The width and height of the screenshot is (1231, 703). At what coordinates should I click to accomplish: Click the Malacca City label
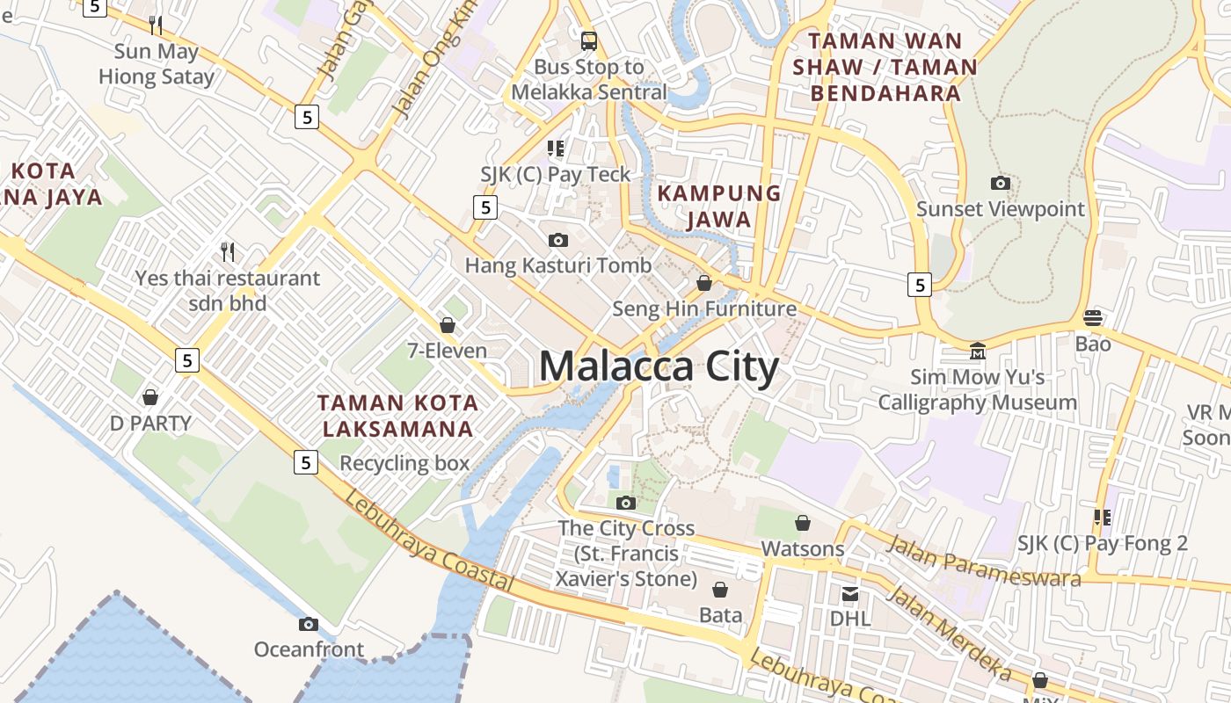point(659,366)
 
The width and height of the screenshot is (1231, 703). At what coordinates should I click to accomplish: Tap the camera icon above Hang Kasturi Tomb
point(557,240)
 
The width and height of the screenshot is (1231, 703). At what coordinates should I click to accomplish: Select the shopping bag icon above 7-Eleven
point(447,325)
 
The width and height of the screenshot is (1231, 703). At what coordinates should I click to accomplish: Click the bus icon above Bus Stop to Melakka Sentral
point(588,40)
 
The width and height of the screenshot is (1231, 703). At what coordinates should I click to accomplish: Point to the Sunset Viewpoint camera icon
point(1000,184)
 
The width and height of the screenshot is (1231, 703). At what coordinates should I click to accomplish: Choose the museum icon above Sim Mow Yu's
point(977,351)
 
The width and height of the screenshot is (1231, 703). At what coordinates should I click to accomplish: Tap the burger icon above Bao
point(1093,317)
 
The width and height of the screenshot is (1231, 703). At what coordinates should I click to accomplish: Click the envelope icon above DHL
point(849,594)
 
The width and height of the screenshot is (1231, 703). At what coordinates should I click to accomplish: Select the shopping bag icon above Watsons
point(802,524)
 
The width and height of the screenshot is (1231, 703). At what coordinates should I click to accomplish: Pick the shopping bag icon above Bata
point(720,590)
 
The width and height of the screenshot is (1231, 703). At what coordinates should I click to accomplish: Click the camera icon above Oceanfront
point(308,624)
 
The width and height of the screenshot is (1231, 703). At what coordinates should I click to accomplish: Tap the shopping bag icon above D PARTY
point(150,397)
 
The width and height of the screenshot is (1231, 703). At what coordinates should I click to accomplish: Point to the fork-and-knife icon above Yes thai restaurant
point(228,252)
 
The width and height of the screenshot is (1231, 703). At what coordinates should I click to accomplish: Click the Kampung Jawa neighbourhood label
point(719,206)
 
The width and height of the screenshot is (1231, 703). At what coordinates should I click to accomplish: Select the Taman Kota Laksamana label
point(397,416)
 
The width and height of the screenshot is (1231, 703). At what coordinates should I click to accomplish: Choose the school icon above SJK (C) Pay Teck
point(555,149)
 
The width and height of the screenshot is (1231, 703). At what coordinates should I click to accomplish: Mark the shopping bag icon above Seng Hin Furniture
point(703,283)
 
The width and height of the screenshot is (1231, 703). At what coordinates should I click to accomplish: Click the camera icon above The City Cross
point(625,503)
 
